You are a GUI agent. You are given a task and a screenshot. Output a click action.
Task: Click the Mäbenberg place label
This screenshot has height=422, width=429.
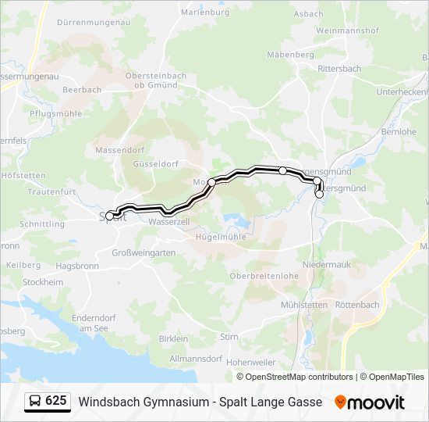[x=290, y=55]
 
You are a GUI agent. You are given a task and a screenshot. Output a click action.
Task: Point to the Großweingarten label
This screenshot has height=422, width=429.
[x=144, y=253]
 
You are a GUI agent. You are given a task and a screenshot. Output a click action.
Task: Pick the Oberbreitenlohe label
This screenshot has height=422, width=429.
[x=264, y=276]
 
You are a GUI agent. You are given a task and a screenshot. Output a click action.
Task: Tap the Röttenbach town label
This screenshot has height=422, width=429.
[x=356, y=305]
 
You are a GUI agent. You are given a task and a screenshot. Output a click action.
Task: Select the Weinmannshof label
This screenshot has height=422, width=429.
[x=347, y=30]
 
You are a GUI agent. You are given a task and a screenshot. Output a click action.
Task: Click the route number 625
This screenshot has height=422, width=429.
[x=56, y=401]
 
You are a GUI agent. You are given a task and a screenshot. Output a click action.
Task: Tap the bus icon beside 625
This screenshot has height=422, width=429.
[x=35, y=402]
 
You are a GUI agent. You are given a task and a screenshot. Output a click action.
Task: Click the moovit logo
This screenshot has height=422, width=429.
[x=370, y=402]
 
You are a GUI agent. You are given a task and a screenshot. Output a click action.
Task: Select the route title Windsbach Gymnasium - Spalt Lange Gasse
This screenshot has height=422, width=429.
[x=200, y=402]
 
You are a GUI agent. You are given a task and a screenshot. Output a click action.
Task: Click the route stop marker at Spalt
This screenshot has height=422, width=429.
[x=110, y=216]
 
